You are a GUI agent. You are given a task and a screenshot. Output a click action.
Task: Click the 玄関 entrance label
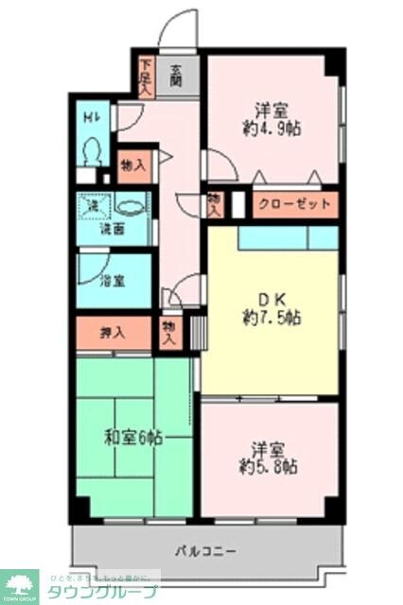177,75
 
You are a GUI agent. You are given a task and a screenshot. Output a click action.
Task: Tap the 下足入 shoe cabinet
146,76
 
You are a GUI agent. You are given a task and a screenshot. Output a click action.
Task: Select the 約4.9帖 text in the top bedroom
272,130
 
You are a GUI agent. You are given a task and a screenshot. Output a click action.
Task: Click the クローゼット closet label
295,204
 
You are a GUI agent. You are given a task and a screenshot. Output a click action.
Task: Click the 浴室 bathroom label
113,280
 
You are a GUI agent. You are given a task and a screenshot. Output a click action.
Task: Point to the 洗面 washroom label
114,229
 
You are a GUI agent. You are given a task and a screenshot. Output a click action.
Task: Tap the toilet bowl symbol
93,151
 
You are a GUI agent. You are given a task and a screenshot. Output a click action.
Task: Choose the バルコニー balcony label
204,549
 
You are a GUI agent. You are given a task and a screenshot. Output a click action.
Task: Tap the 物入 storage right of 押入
170,331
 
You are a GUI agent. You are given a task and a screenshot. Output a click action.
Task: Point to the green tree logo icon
19,585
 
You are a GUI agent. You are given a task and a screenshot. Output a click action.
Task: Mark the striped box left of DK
197,332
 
